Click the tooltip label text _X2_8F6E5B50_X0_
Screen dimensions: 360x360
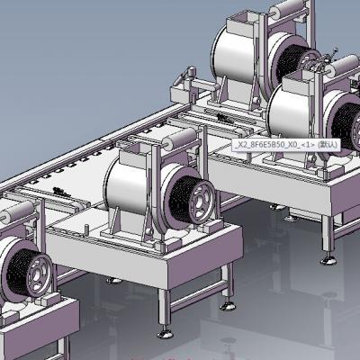coord(267,145)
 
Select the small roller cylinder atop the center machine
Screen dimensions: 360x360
coord(180,139)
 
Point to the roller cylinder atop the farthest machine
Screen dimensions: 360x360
coord(287,8)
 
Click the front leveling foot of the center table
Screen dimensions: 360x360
coord(165,333)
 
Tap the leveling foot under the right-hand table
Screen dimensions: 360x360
coord(328,260)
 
